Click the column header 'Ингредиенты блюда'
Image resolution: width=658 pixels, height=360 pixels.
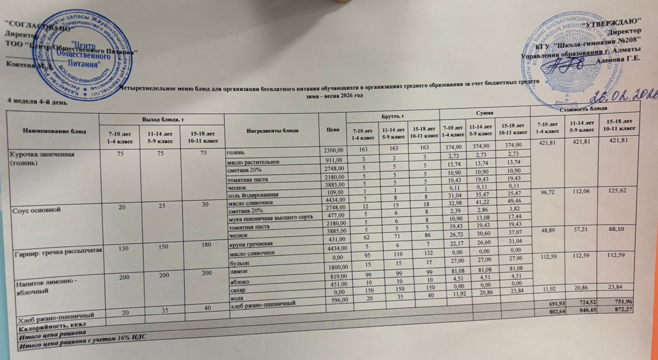click(272, 130)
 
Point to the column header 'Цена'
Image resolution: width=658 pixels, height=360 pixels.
click(333, 129)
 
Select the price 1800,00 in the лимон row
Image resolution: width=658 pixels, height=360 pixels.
click(337, 267)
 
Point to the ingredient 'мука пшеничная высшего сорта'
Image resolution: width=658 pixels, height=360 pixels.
click(271, 217)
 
